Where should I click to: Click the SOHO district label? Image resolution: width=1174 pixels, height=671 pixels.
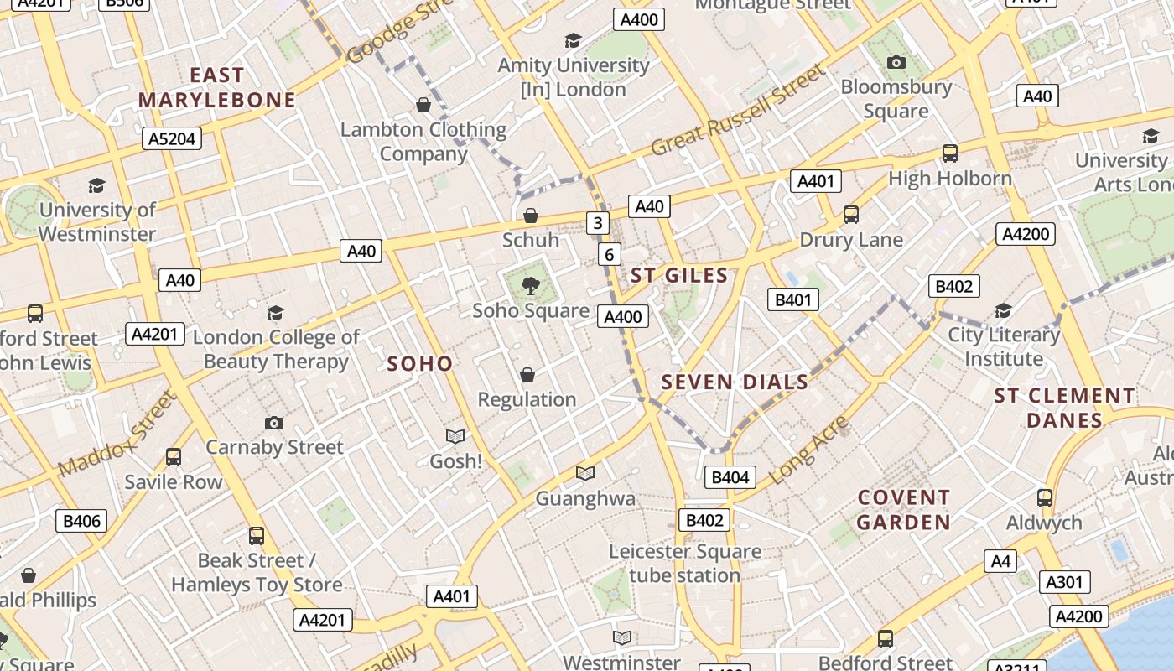click(420, 364)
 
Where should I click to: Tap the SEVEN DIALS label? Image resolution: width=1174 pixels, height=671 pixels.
click(735, 382)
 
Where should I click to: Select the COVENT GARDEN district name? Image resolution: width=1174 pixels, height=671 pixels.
click(904, 510)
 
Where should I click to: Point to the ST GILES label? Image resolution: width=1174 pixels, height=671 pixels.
click(679, 275)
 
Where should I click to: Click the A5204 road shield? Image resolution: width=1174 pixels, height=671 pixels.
click(173, 138)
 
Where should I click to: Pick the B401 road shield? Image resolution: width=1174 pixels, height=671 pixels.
click(792, 299)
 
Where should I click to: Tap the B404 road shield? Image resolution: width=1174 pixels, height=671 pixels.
click(730, 478)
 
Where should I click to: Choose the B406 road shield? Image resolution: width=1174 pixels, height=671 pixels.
click(82, 521)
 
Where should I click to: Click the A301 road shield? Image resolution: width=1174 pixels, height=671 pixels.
click(1065, 582)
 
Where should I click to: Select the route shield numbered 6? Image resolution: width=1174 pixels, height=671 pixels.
click(609, 254)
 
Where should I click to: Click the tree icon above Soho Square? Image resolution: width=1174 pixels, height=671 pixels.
click(530, 287)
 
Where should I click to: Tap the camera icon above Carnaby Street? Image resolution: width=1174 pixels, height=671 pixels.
click(273, 423)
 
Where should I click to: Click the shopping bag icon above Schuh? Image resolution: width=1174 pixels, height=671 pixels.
click(530, 216)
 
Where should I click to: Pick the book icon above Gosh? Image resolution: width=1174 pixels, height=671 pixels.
click(455, 437)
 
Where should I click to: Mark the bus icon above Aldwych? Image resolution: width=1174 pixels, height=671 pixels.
click(1045, 498)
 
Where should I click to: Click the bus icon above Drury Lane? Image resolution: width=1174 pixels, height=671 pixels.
click(851, 215)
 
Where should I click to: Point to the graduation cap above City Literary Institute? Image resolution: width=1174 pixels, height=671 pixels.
click(1003, 311)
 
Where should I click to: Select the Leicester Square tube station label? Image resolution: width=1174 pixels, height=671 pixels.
click(684, 564)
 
